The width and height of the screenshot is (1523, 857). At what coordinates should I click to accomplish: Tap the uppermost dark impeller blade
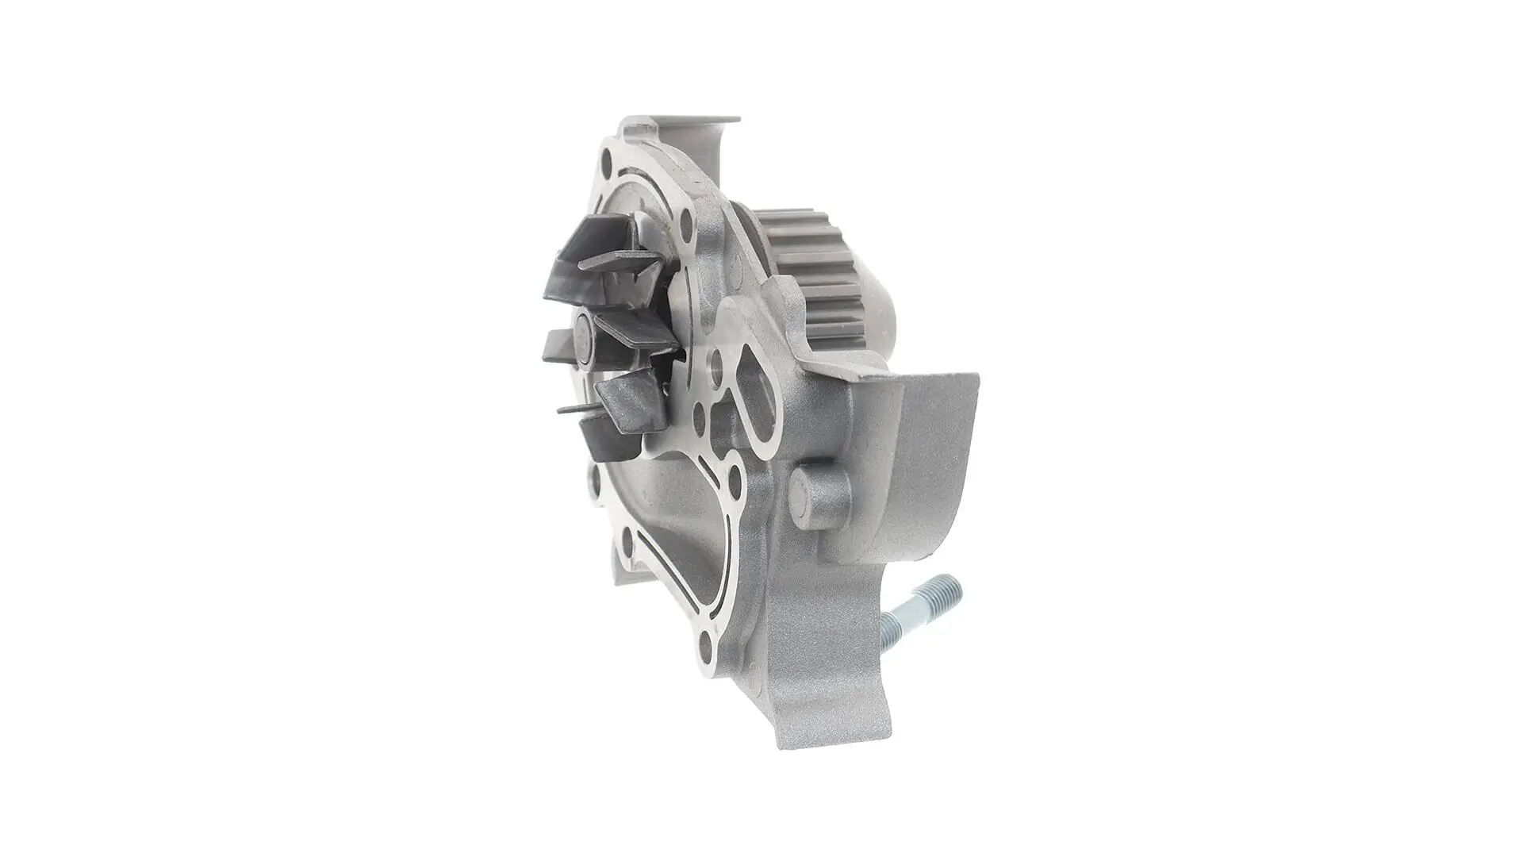603,240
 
